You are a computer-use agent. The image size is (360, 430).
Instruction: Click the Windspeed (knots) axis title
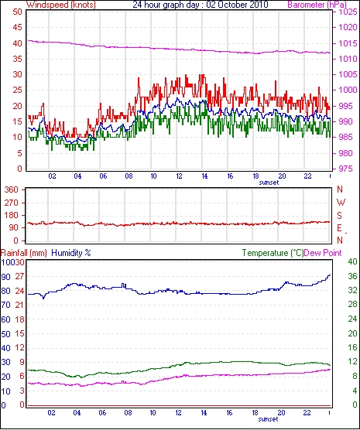[x=61, y=5]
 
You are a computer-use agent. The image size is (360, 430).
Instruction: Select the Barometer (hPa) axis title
[x=317, y=5]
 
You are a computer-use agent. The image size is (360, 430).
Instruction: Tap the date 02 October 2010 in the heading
[x=237, y=5]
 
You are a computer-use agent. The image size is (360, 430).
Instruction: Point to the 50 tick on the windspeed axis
[x=17, y=12]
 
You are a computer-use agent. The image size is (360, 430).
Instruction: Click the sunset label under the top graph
[x=269, y=183]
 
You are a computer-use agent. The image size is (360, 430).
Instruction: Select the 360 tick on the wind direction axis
[x=12, y=189]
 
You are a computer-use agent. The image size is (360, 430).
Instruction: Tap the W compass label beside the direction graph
[x=341, y=203]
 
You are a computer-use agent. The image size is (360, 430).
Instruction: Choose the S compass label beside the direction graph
[x=340, y=216]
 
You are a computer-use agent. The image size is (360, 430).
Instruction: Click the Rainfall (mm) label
[x=24, y=253]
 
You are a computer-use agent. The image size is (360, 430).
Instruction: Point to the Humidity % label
[x=71, y=253]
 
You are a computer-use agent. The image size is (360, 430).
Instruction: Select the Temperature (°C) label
[x=273, y=253]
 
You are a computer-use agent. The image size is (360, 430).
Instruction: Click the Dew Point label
[x=323, y=253]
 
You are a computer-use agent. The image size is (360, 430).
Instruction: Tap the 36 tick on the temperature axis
[x=352, y=276]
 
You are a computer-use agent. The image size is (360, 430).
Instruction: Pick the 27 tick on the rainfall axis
[x=20, y=276]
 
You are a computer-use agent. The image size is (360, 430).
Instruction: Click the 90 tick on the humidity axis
[x=5, y=277]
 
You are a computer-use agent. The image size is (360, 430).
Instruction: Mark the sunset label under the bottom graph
[x=269, y=419]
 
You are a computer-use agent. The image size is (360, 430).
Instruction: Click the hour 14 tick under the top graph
[x=204, y=176]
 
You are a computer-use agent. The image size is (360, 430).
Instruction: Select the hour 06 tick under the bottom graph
[x=102, y=412]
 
